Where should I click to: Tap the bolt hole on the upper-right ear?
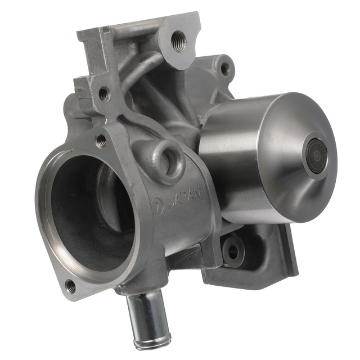pyautogui.click(x=224, y=69)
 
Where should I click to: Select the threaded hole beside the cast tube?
pyautogui.click(x=104, y=94)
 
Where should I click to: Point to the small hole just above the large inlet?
pyautogui.click(x=102, y=141)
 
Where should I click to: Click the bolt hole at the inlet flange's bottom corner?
pyautogui.click(x=71, y=286)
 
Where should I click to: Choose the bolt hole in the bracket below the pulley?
pyautogui.click(x=232, y=252)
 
